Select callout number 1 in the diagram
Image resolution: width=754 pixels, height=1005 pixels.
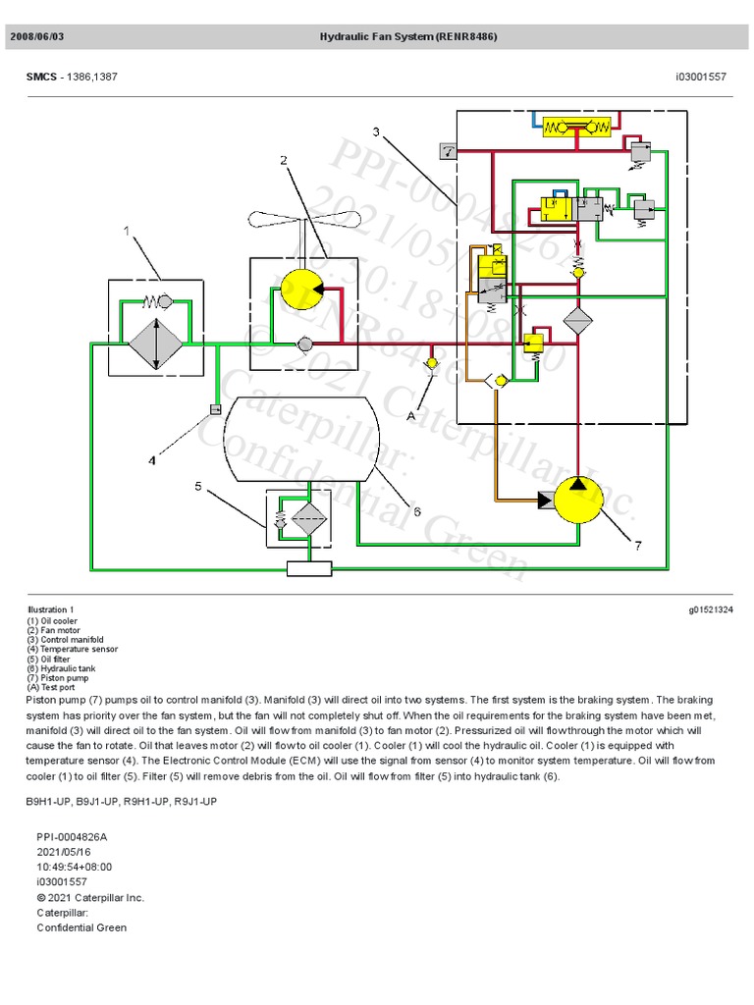point(127,231)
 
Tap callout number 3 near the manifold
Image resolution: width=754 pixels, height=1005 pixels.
point(375,131)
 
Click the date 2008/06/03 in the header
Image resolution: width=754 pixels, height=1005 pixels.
point(37,36)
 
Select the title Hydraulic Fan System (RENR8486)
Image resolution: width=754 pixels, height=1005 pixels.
point(407,36)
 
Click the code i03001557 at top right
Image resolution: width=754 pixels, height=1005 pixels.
point(701,77)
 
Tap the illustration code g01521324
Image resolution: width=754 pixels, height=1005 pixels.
point(711,609)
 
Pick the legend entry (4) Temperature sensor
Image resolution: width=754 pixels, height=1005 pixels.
point(72,649)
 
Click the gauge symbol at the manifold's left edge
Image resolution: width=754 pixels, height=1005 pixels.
point(447,151)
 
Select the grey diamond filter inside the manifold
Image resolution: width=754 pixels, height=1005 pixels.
point(578,322)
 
